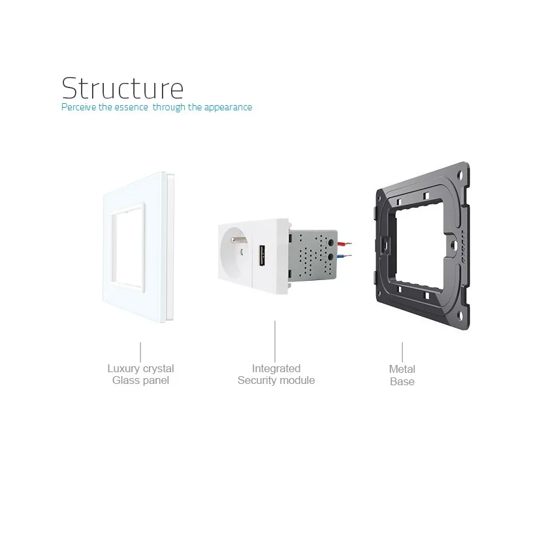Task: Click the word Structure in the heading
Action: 123,87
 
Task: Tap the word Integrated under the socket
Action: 276,369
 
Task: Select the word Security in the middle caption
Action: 257,381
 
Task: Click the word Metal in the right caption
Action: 402,370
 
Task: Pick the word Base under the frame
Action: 402,381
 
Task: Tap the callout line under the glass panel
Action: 140,350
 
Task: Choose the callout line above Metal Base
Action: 402,351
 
